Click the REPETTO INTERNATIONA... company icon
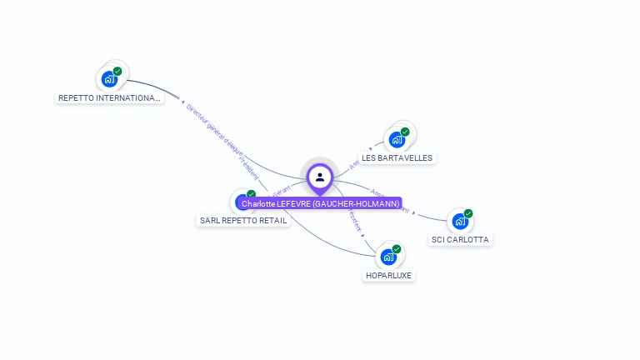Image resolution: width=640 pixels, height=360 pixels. pyautogui.click(x=108, y=80)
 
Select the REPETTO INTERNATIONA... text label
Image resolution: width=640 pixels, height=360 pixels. pyautogui.click(x=109, y=97)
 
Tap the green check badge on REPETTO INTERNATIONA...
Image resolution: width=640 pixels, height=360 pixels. pyautogui.click(x=117, y=72)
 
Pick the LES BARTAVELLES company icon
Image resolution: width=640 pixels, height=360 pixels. pyautogui.click(x=396, y=140)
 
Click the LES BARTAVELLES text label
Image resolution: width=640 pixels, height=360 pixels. pyautogui.click(x=397, y=157)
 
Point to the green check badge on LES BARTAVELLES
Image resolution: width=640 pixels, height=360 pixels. pyautogui.click(x=405, y=132)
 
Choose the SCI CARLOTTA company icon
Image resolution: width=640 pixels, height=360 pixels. pyautogui.click(x=459, y=222)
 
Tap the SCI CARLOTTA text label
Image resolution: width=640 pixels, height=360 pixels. pyautogui.click(x=460, y=240)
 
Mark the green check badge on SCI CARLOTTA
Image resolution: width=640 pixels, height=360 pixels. pyautogui.click(x=468, y=213)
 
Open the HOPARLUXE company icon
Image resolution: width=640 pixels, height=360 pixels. pyautogui.click(x=387, y=257)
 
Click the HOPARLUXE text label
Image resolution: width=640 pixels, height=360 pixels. pyautogui.click(x=388, y=275)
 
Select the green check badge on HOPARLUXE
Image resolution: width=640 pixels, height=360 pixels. pyautogui.click(x=397, y=249)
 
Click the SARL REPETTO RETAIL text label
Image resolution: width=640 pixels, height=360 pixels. pyautogui.click(x=243, y=221)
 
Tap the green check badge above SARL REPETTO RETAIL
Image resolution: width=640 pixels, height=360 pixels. pyautogui.click(x=251, y=194)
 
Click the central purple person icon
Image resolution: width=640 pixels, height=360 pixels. pyautogui.click(x=320, y=177)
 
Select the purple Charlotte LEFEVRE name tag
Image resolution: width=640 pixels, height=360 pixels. pyautogui.click(x=321, y=203)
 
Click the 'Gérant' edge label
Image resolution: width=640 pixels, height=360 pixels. pyautogui.click(x=282, y=191)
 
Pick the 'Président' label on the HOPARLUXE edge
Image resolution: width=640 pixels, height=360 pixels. pyautogui.click(x=354, y=219)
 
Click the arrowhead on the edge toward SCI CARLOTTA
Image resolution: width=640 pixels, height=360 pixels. pyautogui.click(x=414, y=212)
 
